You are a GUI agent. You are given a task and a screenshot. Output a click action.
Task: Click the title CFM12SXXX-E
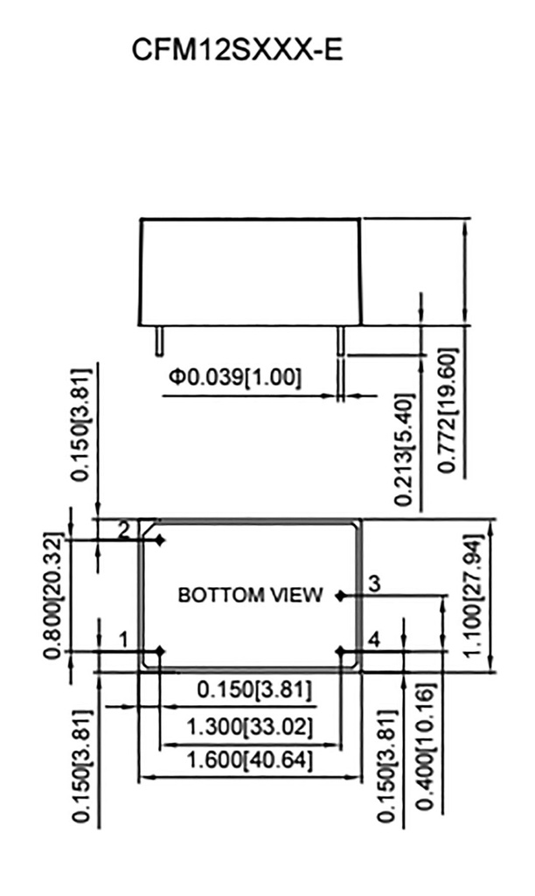[237, 51]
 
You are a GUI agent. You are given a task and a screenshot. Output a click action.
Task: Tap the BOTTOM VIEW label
[250, 595]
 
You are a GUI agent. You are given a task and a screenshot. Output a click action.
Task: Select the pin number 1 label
[123, 640]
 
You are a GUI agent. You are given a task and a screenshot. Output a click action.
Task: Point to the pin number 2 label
[124, 528]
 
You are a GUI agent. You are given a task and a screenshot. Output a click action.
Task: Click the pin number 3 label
[373, 584]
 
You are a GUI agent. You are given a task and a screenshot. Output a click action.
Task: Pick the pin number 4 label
[373, 640]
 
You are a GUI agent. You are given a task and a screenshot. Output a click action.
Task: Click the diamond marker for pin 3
[340, 596]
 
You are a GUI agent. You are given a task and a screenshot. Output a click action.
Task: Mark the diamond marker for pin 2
[160, 541]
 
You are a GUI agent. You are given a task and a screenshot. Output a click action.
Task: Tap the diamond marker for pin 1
[160, 651]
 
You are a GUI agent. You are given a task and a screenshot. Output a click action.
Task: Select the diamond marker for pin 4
[340, 651]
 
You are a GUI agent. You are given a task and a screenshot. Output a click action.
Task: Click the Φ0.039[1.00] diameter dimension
[235, 378]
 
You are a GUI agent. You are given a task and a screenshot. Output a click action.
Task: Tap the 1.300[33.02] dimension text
[250, 726]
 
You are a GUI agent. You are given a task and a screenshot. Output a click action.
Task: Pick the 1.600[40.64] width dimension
[250, 759]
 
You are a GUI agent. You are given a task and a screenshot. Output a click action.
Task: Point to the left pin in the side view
[159, 340]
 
